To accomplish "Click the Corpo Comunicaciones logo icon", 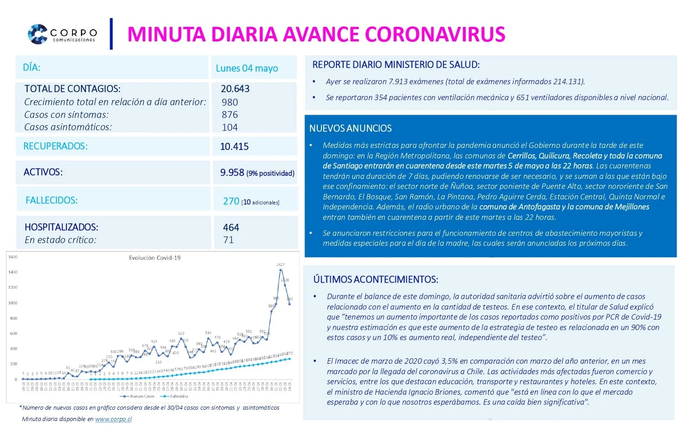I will click(37, 34).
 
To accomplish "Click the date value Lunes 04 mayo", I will click(247, 68).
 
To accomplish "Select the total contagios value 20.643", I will click(235, 89).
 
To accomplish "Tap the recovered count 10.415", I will click(234, 147).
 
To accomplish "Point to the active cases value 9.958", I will click(232, 173).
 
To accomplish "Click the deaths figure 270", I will click(231, 201).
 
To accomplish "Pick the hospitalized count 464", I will click(231, 228).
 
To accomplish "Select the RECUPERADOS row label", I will click(56, 146).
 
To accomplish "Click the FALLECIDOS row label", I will click(51, 200).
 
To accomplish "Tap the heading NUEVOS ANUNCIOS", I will click(350, 128).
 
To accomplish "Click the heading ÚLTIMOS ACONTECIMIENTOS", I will click(376, 280).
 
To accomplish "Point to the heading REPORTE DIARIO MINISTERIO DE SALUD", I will click(396, 65).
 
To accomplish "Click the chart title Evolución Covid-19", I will click(154, 258).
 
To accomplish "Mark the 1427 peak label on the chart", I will click(280, 264).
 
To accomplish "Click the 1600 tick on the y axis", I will click(13, 257).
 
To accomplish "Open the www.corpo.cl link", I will click(113, 419).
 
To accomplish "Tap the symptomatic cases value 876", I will click(229, 115).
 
